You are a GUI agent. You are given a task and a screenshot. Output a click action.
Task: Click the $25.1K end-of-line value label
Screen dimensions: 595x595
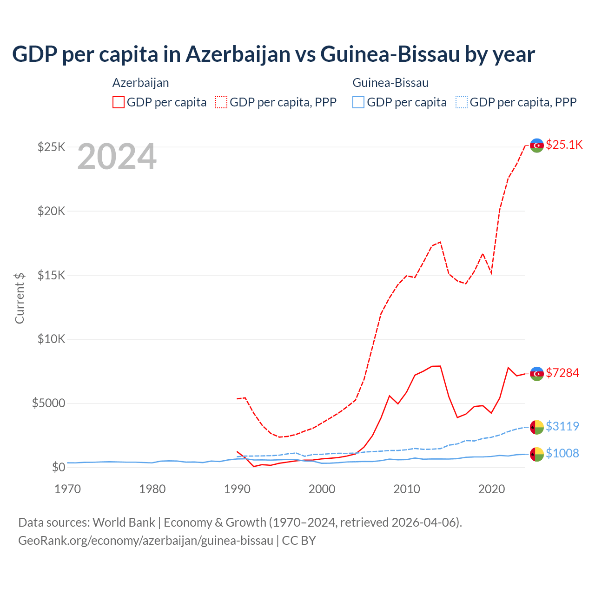[x=564, y=145]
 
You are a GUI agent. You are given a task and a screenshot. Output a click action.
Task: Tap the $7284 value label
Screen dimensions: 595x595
[x=562, y=373]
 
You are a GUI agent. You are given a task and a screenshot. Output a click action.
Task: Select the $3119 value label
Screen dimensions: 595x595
[x=562, y=426]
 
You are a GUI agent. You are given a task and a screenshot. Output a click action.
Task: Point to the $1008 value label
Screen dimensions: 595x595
[x=562, y=453]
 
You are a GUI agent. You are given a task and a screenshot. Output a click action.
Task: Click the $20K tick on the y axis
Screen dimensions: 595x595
[x=52, y=211]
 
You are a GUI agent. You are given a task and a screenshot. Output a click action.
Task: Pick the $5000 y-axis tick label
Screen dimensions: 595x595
[x=48, y=403]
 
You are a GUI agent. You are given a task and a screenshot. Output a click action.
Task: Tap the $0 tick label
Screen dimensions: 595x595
[x=59, y=467]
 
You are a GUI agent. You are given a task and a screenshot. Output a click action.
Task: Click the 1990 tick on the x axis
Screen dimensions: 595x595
[x=237, y=489]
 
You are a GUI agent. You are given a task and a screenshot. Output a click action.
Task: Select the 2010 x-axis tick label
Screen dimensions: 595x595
[x=407, y=489]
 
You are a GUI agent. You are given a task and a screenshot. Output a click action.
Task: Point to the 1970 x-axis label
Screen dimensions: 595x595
[x=67, y=489]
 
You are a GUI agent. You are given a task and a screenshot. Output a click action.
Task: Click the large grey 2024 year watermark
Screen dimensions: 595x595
[x=117, y=157]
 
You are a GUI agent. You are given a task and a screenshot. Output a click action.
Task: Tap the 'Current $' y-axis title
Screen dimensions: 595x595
[x=20, y=298]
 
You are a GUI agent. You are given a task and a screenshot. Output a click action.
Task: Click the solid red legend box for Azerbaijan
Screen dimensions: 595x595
[x=119, y=102]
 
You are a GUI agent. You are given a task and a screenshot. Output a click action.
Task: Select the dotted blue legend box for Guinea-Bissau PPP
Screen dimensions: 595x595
[x=462, y=102]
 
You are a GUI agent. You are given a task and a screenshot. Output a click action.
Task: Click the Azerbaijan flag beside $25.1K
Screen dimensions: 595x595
[x=537, y=145]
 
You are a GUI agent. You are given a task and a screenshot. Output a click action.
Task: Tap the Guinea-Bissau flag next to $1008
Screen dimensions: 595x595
[x=537, y=454]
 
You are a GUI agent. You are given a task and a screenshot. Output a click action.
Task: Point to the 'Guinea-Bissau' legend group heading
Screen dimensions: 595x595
[x=390, y=83]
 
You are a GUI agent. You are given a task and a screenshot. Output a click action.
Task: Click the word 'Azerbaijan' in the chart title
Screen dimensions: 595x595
[x=238, y=54]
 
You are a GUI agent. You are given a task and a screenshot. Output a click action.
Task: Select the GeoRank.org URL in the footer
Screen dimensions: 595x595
[x=145, y=541]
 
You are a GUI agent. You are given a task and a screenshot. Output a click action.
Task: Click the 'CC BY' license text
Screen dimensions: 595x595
[x=299, y=541]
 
